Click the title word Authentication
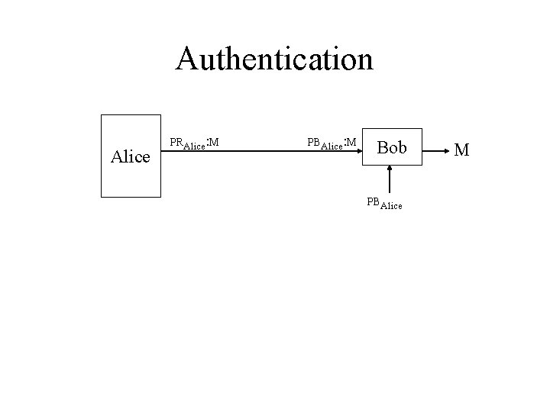click(274, 59)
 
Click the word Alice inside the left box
click(131, 157)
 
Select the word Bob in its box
click(392, 148)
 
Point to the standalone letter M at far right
click(461, 148)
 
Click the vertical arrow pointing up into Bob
click(391, 181)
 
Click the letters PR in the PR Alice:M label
click(176, 141)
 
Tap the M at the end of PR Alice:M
click(215, 141)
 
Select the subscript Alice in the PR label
click(195, 145)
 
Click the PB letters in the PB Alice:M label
click(313, 141)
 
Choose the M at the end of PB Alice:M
click(351, 141)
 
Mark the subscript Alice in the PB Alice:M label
click(332, 145)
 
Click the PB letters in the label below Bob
click(373, 201)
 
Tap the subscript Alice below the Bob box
click(391, 205)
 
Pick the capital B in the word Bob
click(383, 148)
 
